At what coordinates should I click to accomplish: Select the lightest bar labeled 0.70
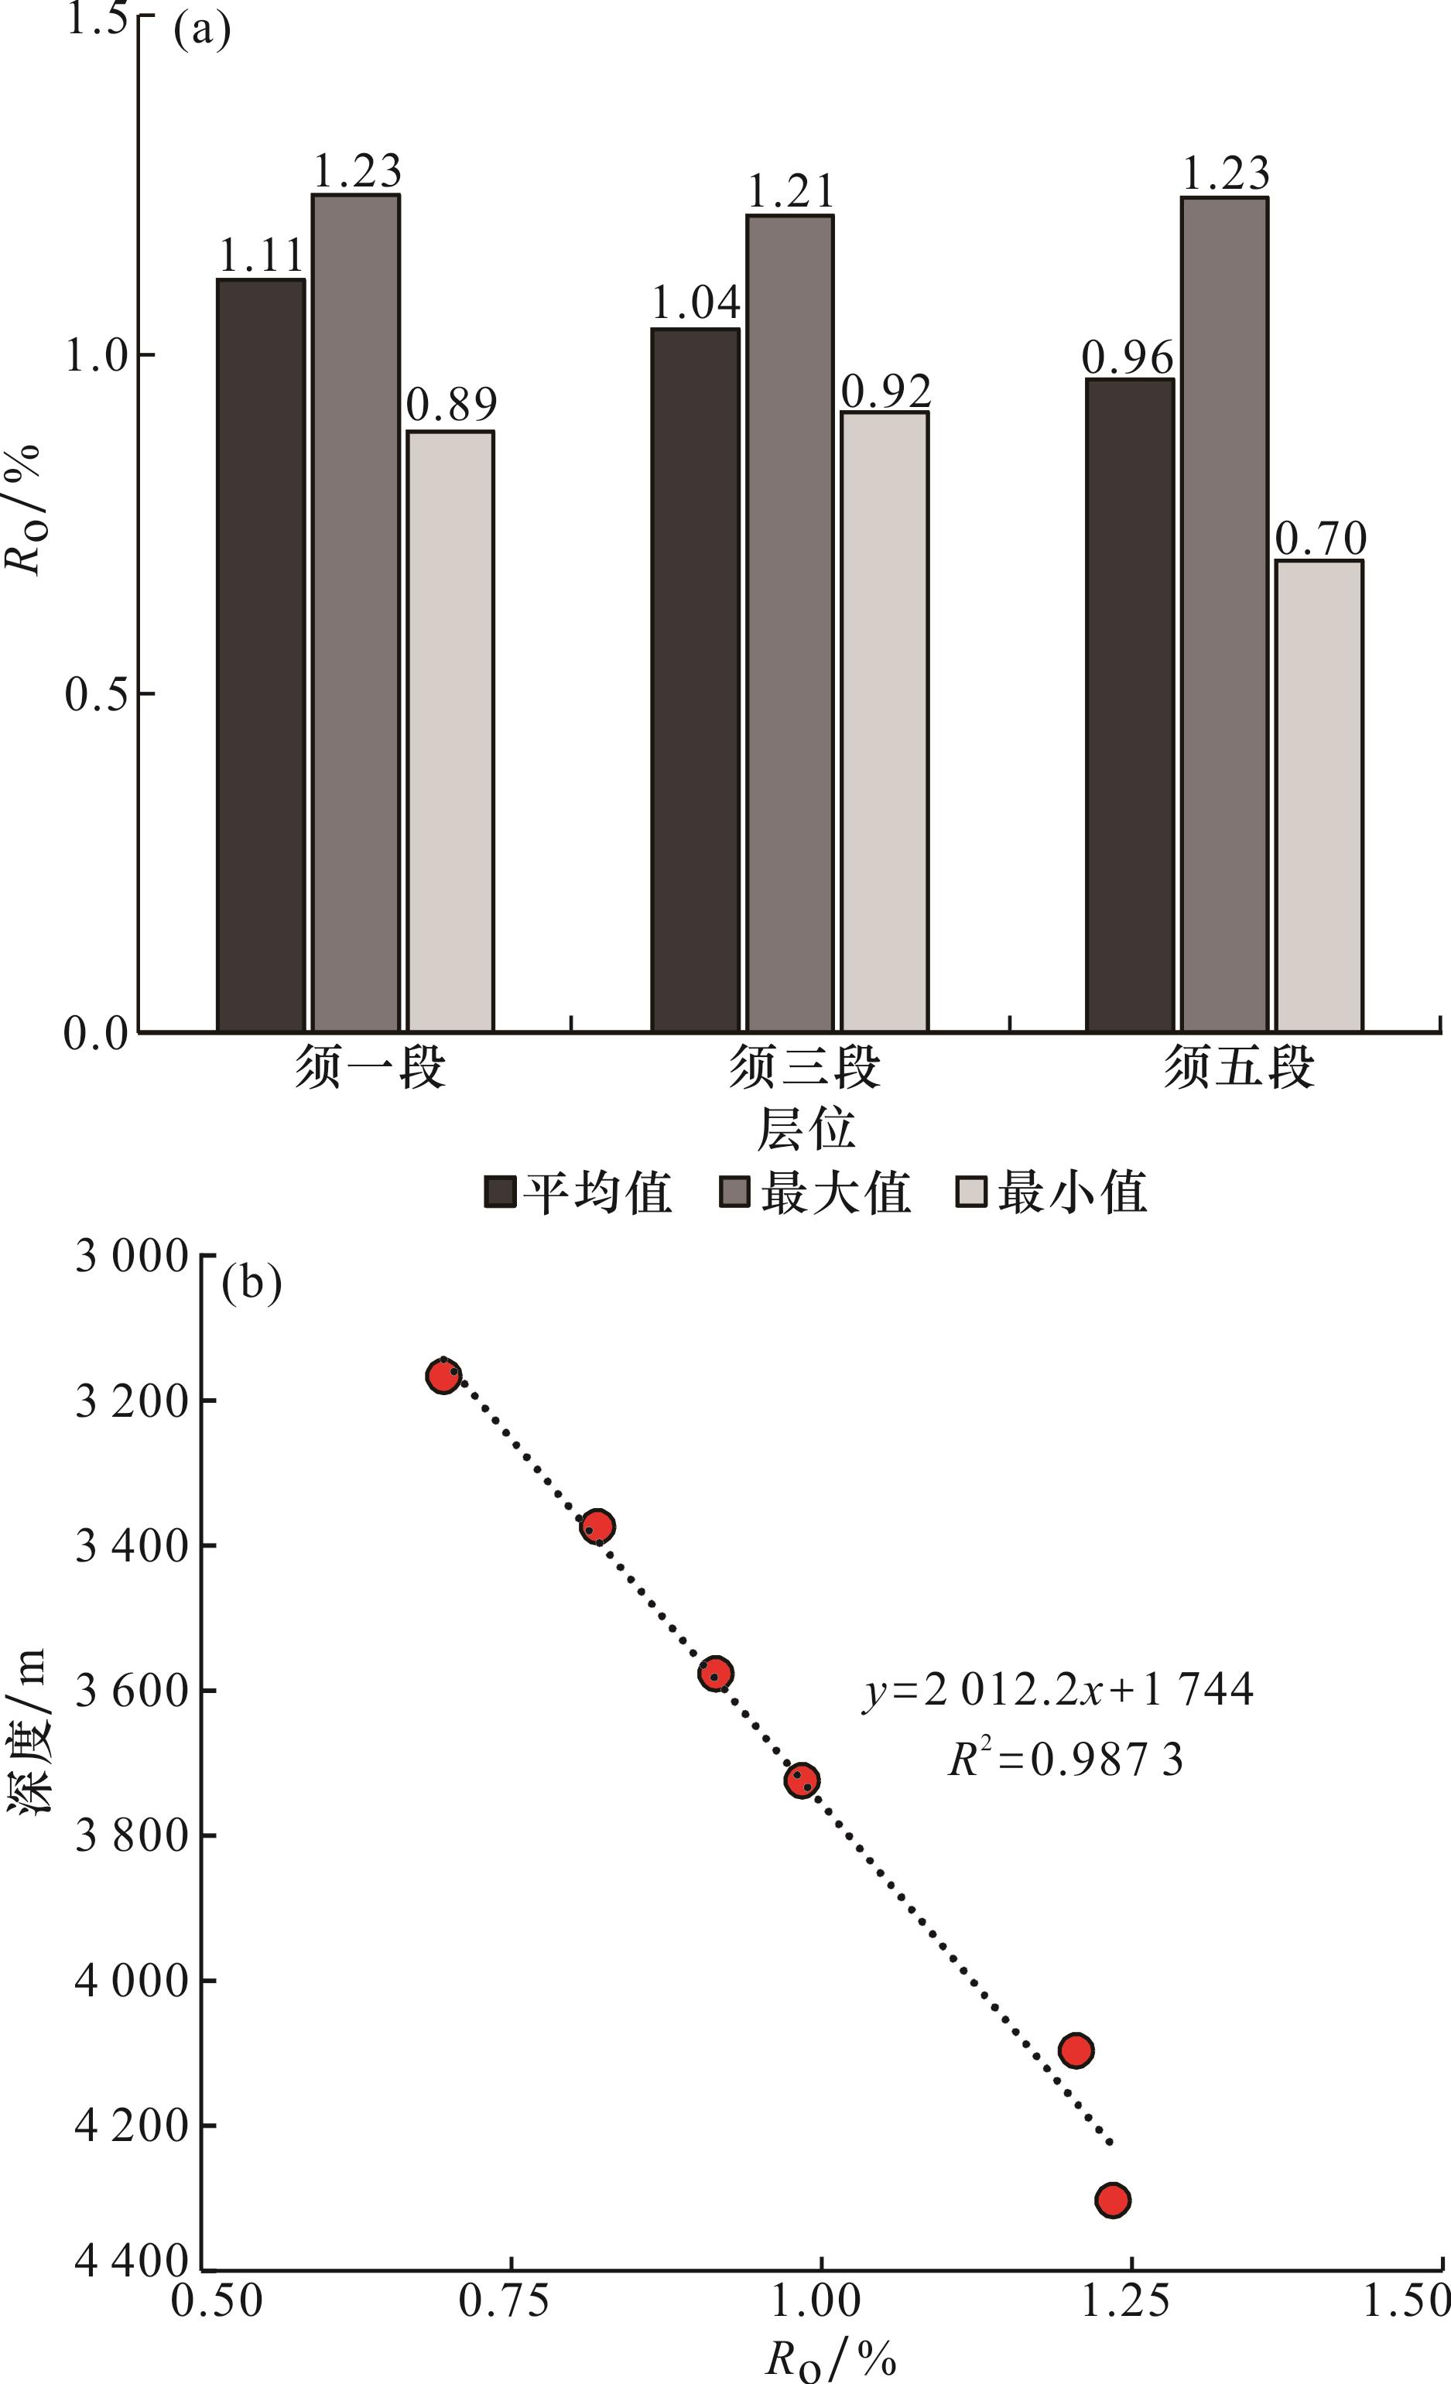[x=1319, y=795]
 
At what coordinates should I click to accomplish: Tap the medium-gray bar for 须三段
[x=789, y=622]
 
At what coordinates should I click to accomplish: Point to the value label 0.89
[x=450, y=405]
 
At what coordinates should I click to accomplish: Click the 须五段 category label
[x=1238, y=1068]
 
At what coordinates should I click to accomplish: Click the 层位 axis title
[x=806, y=1129]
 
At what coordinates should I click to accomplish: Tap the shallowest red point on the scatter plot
[x=443, y=1376]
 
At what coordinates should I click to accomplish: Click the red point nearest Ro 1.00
[x=802, y=1781]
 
